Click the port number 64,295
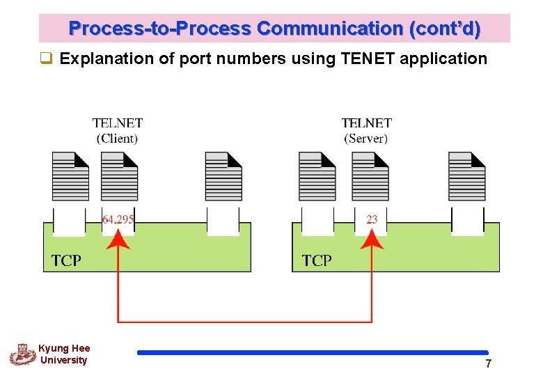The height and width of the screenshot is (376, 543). coord(118,219)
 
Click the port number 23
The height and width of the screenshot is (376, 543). coord(372,219)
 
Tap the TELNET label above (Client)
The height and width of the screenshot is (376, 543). coord(118,123)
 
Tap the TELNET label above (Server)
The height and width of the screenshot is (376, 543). coord(367,123)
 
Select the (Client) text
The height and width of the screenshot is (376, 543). coord(118,138)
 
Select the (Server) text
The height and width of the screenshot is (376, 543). coord(367,138)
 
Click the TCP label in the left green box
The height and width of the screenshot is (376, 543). coord(66,260)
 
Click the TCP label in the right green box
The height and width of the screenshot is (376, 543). coord(317,260)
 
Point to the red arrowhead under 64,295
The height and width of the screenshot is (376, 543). coord(119,241)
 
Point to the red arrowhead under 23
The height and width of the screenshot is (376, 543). coord(372,241)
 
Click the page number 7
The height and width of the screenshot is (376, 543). coord(489,363)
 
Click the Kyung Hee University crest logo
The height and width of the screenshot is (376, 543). coord(22,354)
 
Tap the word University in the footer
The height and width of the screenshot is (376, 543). coord(64,360)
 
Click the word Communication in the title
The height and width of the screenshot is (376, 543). coord(331,29)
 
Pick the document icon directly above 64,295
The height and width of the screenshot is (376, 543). coord(120,175)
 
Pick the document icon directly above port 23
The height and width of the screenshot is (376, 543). coord(370,175)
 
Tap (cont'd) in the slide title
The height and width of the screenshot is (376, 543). coord(446,29)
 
